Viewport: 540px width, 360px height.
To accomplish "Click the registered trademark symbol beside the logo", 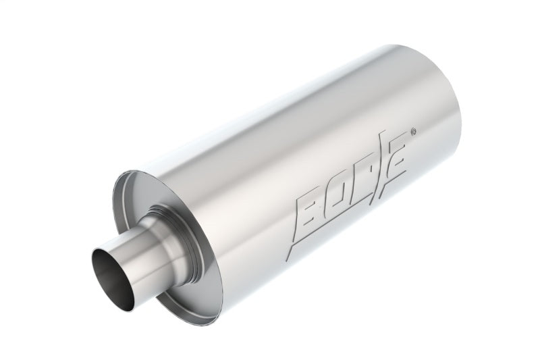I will (413, 124).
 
